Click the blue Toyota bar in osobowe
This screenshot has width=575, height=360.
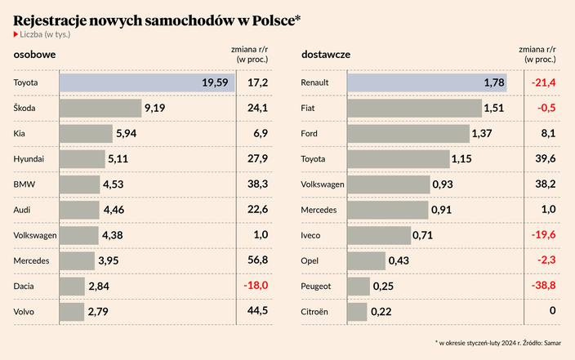point(147,82)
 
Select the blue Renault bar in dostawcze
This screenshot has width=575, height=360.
point(427,82)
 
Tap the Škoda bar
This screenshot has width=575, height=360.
point(100,108)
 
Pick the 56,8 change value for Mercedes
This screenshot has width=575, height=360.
point(257,260)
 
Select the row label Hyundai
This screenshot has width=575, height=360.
point(29,159)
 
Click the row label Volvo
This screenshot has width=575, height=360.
point(25,312)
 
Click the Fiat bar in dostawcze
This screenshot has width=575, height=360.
point(415,108)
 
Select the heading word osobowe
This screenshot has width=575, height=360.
point(34,55)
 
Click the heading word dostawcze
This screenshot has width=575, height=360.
point(326,55)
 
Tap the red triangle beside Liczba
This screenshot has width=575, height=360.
point(16,34)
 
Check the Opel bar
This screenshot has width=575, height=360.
point(367,260)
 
